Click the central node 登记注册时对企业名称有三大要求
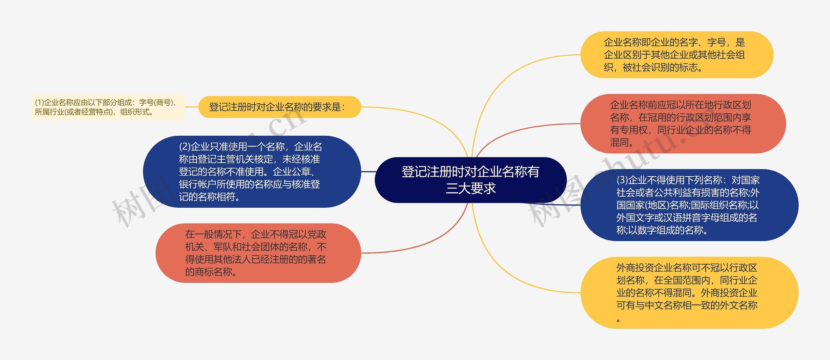coord(470,180)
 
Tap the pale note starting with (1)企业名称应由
coord(107,107)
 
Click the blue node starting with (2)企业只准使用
coord(252,172)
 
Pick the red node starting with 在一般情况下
coord(258,253)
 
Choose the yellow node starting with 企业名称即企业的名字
coord(676,55)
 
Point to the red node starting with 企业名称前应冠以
coord(682,123)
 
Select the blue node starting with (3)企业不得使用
coord(689,205)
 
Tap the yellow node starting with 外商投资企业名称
coord(689,293)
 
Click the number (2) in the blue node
coord(184,147)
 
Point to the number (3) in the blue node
coord(622,180)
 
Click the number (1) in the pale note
coord(39,103)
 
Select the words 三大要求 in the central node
coord(470,188)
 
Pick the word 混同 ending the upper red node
coord(619,142)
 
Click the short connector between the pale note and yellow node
coord(191,107)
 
